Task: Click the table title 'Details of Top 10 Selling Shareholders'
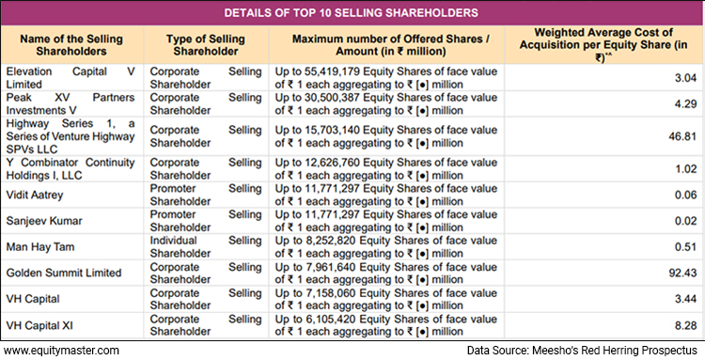click(352, 13)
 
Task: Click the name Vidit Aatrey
click(38, 195)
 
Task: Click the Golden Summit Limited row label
click(63, 273)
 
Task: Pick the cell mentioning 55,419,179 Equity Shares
click(386, 78)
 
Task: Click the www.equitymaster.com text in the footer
click(61, 351)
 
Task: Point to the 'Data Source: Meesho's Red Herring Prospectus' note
click(582, 351)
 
